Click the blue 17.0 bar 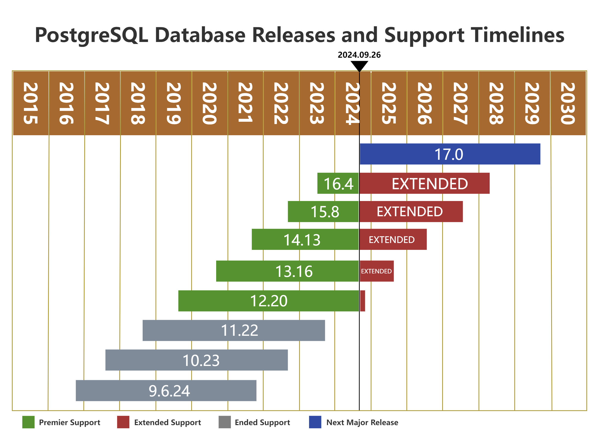pyautogui.click(x=450, y=154)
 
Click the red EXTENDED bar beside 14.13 pyautogui.click(x=393, y=240)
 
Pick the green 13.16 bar pyautogui.click(x=287, y=271)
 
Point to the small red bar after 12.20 pyautogui.click(x=362, y=301)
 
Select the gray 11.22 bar pyautogui.click(x=234, y=330)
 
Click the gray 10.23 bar pyautogui.click(x=197, y=360)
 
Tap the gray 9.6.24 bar pyautogui.click(x=166, y=390)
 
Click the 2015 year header pyautogui.click(x=31, y=103)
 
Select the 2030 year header pyautogui.click(x=568, y=103)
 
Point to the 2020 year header pyautogui.click(x=210, y=103)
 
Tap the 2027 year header pyautogui.click(x=461, y=103)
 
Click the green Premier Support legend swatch pyautogui.click(x=28, y=422)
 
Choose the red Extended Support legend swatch pyautogui.click(x=123, y=422)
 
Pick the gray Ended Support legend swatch pyautogui.click(x=225, y=422)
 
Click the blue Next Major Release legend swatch pyautogui.click(x=315, y=422)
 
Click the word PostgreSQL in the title pyautogui.click(x=91, y=35)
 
